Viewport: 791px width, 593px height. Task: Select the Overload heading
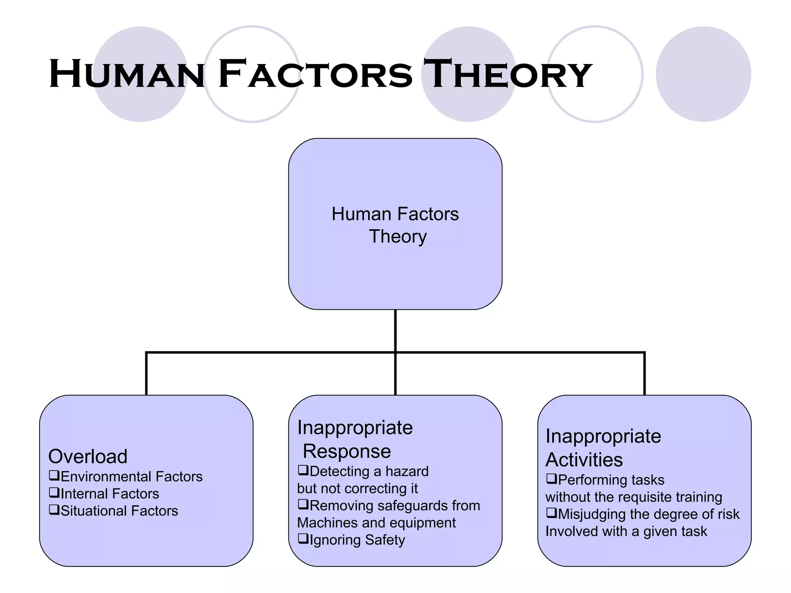coord(88,456)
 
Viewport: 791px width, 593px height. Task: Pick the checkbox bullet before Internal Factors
coord(54,493)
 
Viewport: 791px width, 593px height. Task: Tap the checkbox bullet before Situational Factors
coord(54,510)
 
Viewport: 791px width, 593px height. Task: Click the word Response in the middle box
coord(346,451)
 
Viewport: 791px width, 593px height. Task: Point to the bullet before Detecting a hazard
coord(303,470)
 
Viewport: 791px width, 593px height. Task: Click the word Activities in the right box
coord(584,459)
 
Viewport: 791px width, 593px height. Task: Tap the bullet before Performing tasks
coord(551,479)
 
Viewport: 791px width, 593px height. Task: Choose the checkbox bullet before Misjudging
coord(551,513)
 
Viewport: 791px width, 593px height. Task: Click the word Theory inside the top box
coord(398,236)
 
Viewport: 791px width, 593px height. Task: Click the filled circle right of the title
coord(703,74)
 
